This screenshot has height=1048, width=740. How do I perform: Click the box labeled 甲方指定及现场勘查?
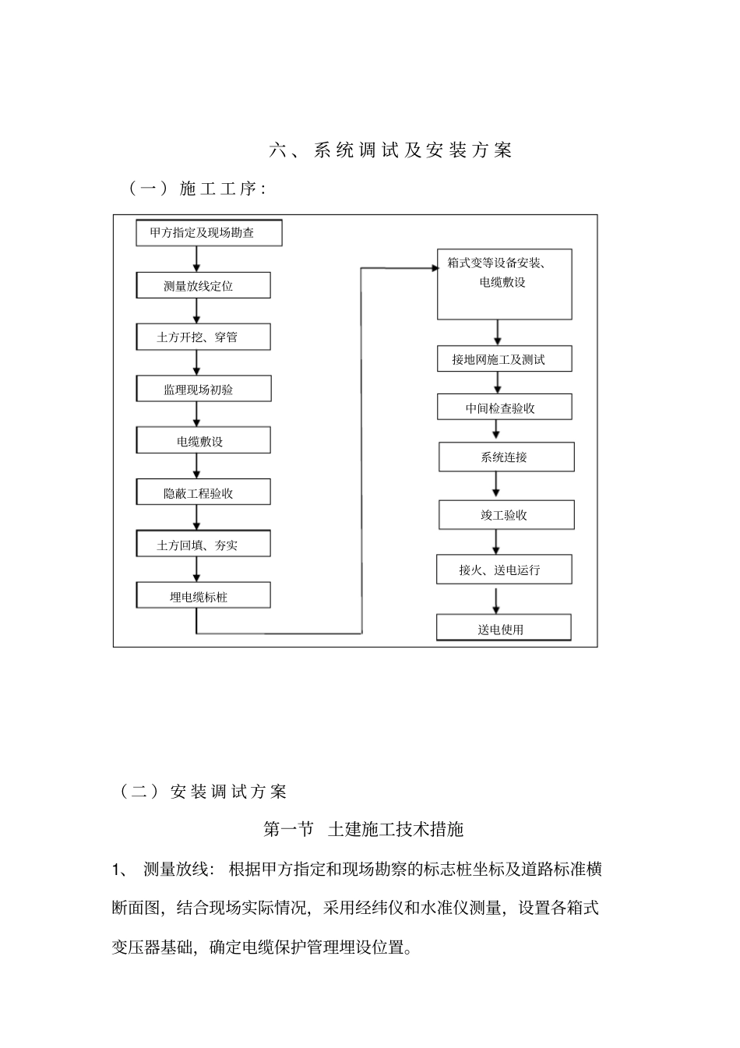coord(209,233)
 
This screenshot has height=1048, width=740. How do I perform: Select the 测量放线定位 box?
coord(203,285)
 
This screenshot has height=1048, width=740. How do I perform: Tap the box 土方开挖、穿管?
coord(203,337)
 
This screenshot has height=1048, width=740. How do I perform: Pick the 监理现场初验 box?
coord(203,389)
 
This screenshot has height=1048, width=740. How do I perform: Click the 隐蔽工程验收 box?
coord(203,492)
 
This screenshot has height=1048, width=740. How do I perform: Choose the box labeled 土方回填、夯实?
coord(203,545)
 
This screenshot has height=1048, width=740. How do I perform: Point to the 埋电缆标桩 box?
coord(203,596)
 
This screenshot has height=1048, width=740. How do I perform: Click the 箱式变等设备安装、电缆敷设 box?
coord(504,284)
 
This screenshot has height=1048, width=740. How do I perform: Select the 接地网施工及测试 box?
coord(504,359)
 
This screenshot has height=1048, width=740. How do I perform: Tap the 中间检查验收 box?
coord(504,408)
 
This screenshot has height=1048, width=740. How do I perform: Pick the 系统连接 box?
coord(506,457)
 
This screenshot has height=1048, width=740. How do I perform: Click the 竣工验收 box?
coord(506,515)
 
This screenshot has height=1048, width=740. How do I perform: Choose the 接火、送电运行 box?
coord(504,570)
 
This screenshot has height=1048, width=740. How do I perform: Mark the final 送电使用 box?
coord(503,628)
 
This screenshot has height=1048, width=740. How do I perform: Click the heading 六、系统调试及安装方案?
coord(391,150)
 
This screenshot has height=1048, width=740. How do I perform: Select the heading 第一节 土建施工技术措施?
coord(364,829)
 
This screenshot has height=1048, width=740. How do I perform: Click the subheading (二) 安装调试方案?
coord(203,792)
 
